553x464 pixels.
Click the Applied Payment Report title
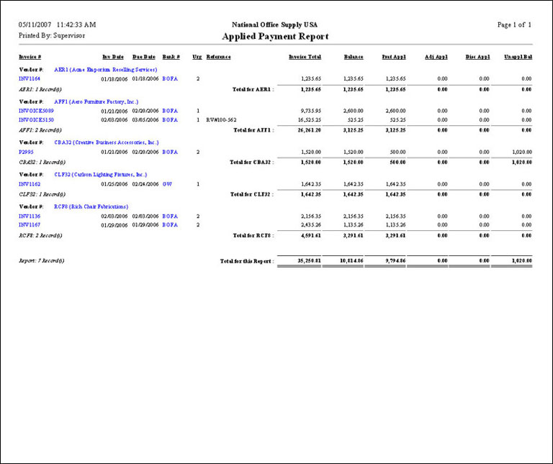276,37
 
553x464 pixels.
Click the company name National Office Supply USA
276,24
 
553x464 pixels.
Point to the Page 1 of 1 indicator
514,24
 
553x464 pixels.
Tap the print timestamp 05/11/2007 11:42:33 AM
57,24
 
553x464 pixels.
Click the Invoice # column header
30,56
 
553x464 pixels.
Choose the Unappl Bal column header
518,56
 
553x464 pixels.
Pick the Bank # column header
171,56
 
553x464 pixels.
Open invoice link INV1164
30,78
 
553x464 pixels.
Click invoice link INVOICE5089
36,111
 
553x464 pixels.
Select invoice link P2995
27,153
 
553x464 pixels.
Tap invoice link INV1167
30,224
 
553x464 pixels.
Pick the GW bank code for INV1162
166,184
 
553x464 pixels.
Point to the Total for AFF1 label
252,130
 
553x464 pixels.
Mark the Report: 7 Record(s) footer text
42,260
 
